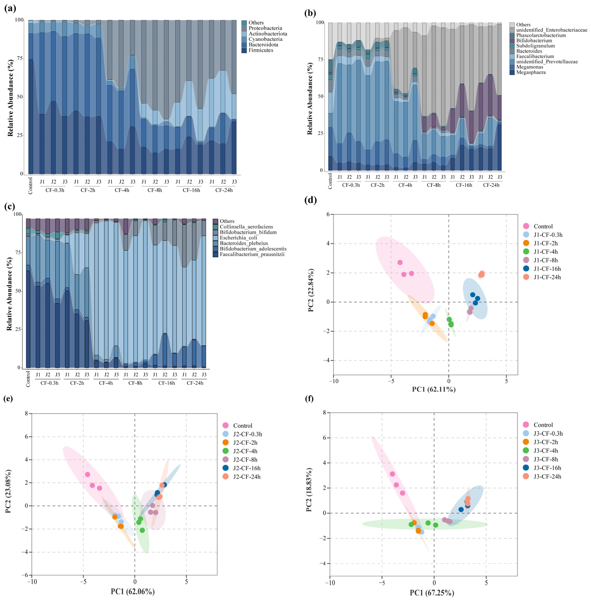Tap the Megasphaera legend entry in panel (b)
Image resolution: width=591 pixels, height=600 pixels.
pyautogui.click(x=530, y=72)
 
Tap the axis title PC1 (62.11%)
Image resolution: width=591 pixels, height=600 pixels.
pyautogui.click(x=434, y=389)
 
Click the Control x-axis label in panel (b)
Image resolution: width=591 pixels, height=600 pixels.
pyautogui.click(x=330, y=181)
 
